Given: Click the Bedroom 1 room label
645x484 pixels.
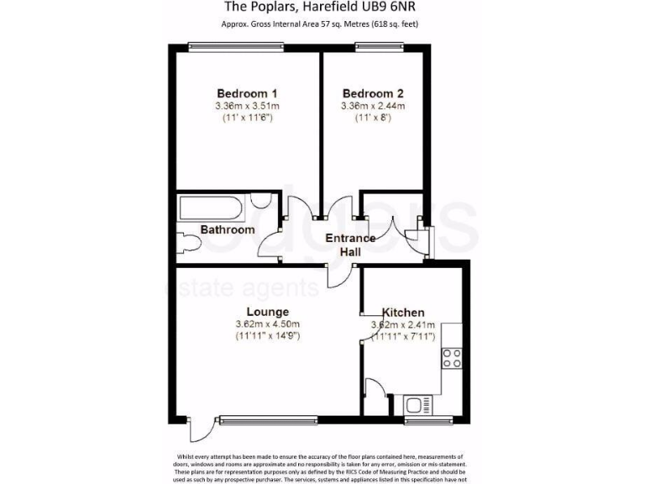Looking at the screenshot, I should tap(247, 93).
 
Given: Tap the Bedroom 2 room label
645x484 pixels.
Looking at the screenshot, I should tap(373, 93).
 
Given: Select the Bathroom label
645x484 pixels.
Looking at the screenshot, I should tap(227, 229).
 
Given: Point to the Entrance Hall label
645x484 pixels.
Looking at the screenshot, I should tap(350, 245).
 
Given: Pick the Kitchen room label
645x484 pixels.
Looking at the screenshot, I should tap(403, 312).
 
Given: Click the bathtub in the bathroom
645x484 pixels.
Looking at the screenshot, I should tap(213, 205).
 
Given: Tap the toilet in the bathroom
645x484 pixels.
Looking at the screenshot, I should tap(190, 244).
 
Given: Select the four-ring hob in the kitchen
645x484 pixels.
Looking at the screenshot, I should tap(452, 358).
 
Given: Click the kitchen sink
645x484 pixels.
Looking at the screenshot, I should tap(418, 402).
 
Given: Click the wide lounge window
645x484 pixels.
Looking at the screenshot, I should tap(267, 418).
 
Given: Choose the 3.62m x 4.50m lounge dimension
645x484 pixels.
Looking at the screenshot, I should tap(267, 324).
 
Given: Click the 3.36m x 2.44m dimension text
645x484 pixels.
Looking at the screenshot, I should tap(373, 107).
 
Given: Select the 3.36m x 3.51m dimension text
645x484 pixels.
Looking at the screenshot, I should tap(247, 107).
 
